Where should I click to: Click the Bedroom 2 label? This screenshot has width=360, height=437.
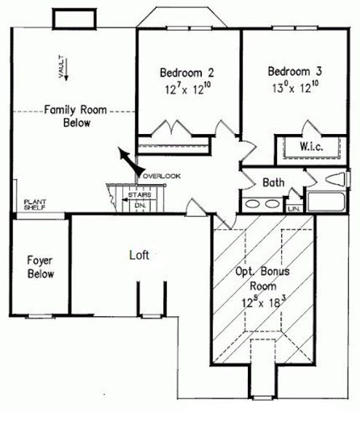click(187, 73)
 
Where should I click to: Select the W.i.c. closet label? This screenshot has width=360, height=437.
click(311, 146)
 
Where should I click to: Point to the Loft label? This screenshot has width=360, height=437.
click(139, 256)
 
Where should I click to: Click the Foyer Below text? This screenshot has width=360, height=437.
click(39, 267)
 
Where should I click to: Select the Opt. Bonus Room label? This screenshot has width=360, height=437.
click(263, 279)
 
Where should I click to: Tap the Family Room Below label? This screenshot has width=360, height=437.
click(76, 117)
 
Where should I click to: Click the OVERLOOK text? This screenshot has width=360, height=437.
click(162, 176)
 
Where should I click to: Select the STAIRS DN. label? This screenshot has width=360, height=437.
click(139, 200)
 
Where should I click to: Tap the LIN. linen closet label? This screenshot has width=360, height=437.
click(294, 208)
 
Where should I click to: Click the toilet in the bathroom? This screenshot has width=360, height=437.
click(334, 179)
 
